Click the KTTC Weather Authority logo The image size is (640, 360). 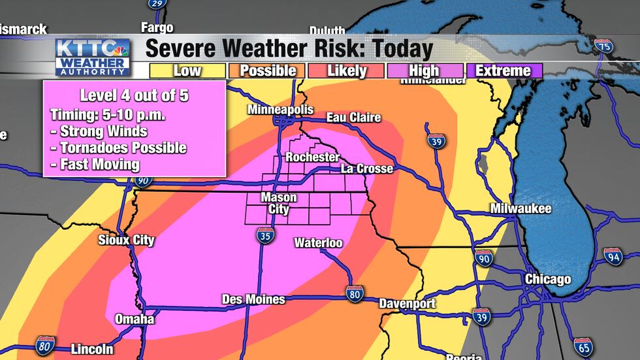[x=92, y=57]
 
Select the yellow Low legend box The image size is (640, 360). [x=187, y=71]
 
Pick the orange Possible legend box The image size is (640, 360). [x=267, y=71]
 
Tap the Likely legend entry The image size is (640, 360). [x=346, y=71]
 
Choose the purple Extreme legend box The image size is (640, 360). [x=503, y=71]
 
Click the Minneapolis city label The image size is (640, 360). [x=280, y=110]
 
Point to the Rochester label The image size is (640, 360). [x=312, y=157]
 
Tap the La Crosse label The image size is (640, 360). [x=367, y=169]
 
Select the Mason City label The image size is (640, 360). [x=279, y=203]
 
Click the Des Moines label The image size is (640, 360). [x=253, y=299]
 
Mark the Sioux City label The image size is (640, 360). [x=126, y=240]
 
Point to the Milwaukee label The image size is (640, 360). [x=521, y=209]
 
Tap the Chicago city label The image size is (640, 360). [x=549, y=280]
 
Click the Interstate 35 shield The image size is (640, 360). [x=264, y=237]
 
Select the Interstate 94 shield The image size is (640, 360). [x=612, y=255]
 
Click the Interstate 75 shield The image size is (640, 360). [x=604, y=46]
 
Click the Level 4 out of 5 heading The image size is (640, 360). [x=134, y=95]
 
